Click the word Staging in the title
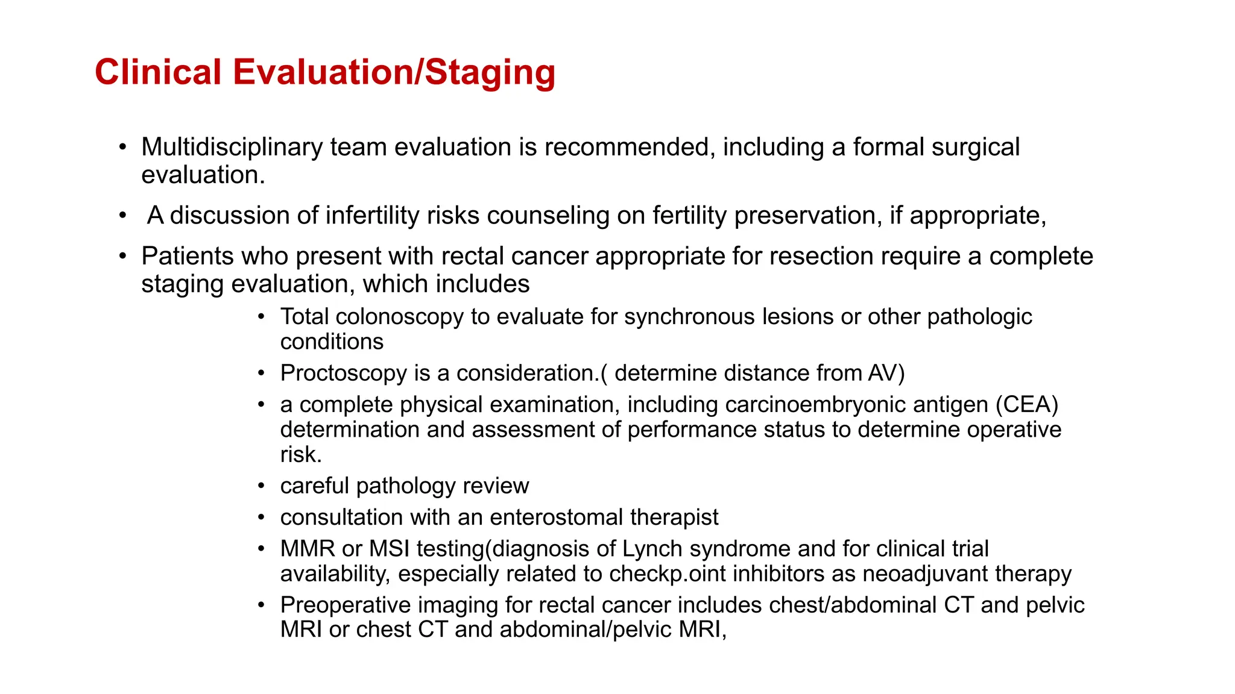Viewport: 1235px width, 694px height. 490,72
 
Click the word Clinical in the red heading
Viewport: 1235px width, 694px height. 158,72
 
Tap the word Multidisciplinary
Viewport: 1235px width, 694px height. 232,148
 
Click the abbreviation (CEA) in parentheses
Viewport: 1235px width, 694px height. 1026,405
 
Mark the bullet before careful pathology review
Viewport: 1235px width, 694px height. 261,486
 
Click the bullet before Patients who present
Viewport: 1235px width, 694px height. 123,256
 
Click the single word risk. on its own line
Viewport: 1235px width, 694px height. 301,455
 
